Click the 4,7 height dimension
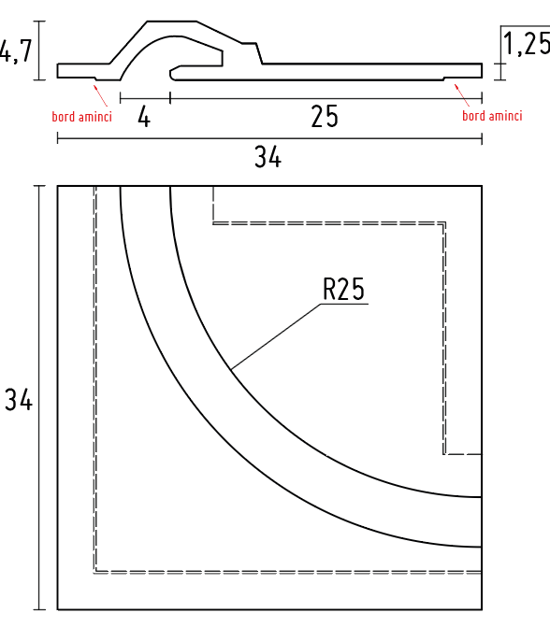tap(16, 50)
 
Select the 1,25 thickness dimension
tap(526, 43)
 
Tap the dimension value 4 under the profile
tap(144, 117)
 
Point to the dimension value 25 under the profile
tap(324, 117)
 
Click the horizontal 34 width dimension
tap(268, 158)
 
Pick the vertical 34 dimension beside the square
tap(18, 401)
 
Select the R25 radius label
tap(342, 289)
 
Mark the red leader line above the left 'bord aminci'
tap(100, 94)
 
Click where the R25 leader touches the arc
tap(231, 371)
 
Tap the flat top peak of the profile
tap(172, 21)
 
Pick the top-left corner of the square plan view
tap(58, 186)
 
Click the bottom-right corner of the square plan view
tap(481, 609)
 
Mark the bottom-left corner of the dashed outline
tap(95, 571)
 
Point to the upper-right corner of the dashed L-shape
tap(444, 223)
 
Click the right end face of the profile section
tap(481, 71)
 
